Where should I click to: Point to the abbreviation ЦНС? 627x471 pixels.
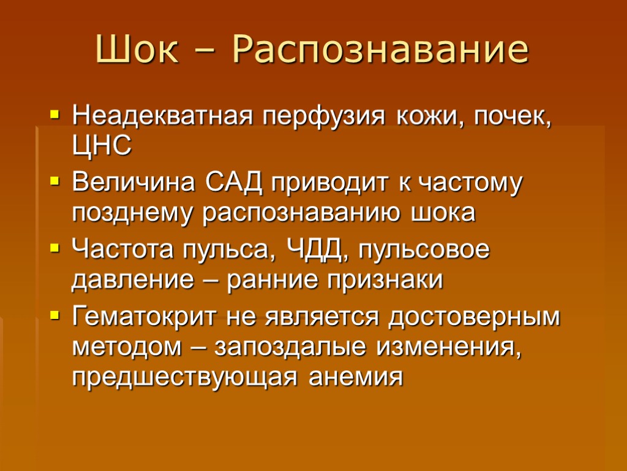[x=102, y=147]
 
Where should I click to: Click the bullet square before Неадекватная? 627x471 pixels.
[x=55, y=116]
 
